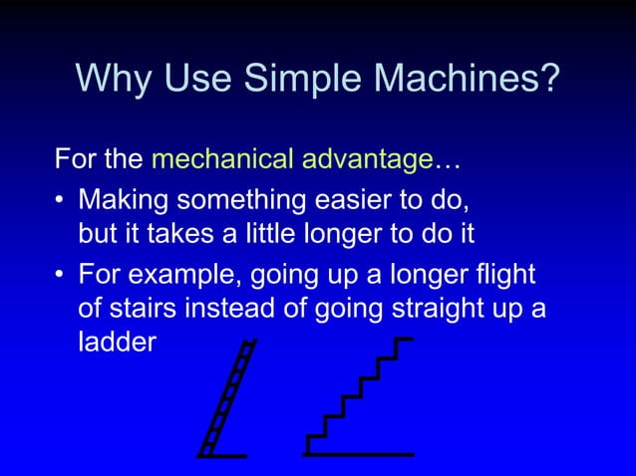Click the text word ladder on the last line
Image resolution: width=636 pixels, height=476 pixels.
pyautogui.click(x=118, y=343)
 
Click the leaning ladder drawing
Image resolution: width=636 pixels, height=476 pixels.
pyautogui.click(x=226, y=398)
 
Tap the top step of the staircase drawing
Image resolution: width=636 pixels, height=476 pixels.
pyautogui.click(x=403, y=341)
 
